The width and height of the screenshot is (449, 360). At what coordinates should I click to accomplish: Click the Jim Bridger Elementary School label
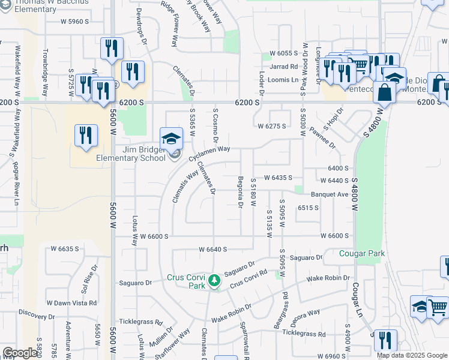pos(131,154)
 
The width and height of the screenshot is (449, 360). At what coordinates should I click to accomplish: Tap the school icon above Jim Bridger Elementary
pos(171,139)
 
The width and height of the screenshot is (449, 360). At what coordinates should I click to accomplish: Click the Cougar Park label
pos(362,254)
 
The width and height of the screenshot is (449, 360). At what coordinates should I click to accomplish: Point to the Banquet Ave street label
pos(330,194)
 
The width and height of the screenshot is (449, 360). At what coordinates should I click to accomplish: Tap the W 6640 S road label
pos(215,248)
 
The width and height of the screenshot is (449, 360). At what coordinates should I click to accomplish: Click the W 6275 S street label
pos(272,126)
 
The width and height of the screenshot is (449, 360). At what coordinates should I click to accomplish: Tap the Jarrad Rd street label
pos(284,67)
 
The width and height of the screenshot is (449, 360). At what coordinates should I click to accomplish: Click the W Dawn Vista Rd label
pos(72,303)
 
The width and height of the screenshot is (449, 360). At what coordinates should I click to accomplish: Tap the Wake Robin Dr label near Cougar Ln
pos(328,278)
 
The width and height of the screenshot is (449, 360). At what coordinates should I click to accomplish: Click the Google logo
pos(20,353)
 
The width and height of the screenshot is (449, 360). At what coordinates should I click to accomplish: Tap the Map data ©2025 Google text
pos(411,355)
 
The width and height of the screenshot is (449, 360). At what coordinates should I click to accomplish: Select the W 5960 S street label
pos(74,22)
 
